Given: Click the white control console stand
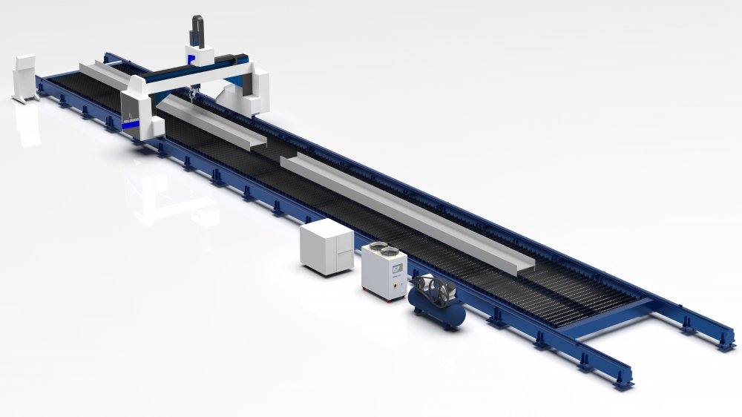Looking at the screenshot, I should [24, 77].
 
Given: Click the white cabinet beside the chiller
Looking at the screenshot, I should [326, 245].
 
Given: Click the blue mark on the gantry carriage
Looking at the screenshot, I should [191, 58].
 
